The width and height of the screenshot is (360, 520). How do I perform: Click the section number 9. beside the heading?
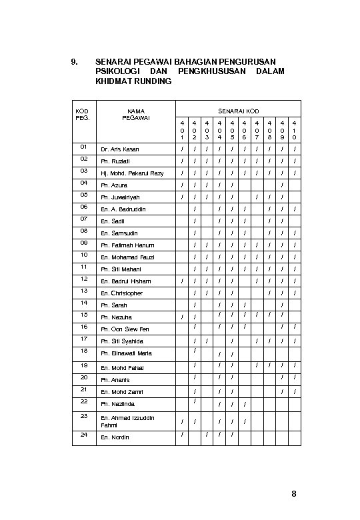click(x=74, y=61)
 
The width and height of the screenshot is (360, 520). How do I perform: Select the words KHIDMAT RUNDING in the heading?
click(x=133, y=81)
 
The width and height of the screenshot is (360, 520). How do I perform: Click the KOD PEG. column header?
click(x=82, y=114)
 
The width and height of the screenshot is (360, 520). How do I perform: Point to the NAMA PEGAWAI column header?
click(x=136, y=114)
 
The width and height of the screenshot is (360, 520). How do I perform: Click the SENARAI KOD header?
click(x=238, y=111)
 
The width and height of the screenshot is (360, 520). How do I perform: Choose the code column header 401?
click(x=182, y=130)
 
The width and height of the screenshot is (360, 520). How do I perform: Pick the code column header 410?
click(x=294, y=130)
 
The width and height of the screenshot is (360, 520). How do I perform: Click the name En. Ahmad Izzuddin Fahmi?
click(x=127, y=421)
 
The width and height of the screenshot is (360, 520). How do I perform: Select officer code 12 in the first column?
click(x=83, y=279)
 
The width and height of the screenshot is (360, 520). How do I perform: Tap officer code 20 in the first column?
click(x=83, y=377)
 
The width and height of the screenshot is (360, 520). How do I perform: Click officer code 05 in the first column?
click(x=83, y=195)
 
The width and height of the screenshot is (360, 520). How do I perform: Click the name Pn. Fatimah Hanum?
click(x=127, y=245)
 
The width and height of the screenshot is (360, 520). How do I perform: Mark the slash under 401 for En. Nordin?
click(x=182, y=435)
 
